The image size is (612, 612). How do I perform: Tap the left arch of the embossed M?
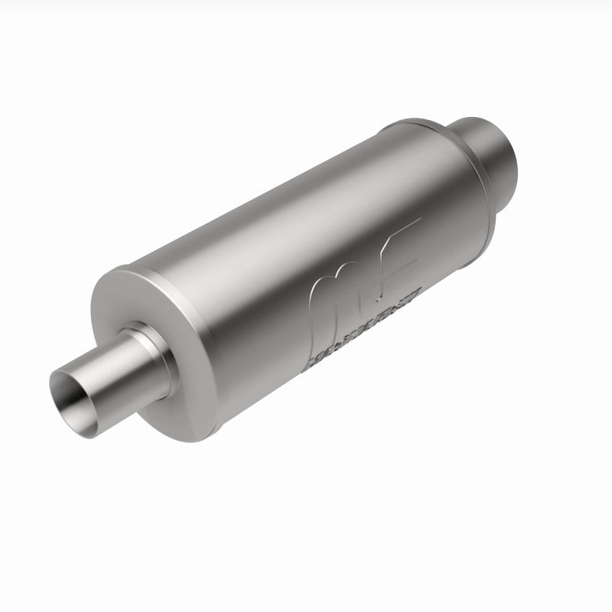[320, 298]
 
